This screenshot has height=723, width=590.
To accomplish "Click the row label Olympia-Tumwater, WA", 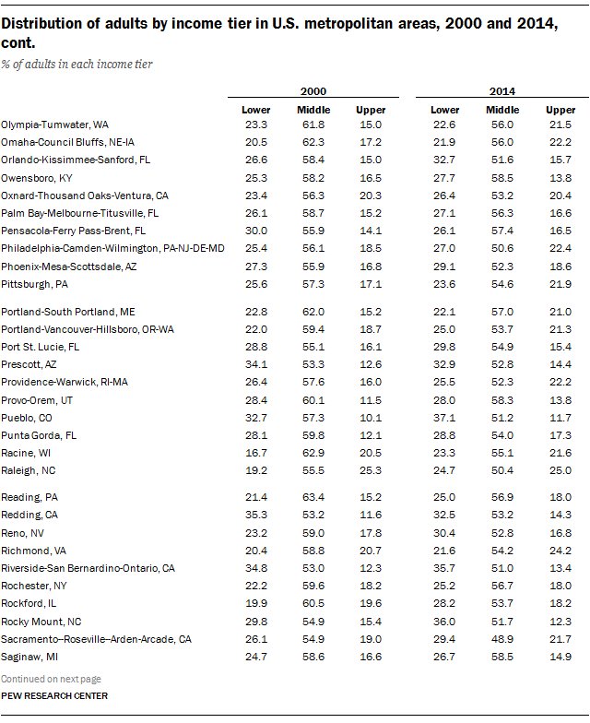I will pyautogui.click(x=55, y=124).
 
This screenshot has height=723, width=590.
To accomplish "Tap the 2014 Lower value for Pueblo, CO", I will pyautogui.click(x=445, y=418).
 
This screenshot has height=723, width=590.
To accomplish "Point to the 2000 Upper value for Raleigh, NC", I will pyautogui.click(x=371, y=470).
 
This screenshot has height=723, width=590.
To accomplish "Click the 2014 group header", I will pyautogui.click(x=502, y=91).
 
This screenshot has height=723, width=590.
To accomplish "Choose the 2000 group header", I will pyautogui.click(x=313, y=91).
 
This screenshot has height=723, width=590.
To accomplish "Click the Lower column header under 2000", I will pyautogui.click(x=255, y=111).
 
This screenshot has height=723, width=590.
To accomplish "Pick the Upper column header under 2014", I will pyautogui.click(x=560, y=111).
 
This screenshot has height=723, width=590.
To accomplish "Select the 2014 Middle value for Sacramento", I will pyautogui.click(x=502, y=638).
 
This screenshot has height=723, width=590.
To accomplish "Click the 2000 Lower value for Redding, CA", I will pyautogui.click(x=255, y=515).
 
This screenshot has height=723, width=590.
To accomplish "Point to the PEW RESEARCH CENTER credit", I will pyautogui.click(x=53, y=694).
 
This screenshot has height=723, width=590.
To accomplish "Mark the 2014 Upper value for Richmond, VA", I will pyautogui.click(x=560, y=550).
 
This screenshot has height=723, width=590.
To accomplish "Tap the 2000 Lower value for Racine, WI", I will pyautogui.click(x=255, y=453).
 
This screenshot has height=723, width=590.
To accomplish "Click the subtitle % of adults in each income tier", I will pyautogui.click(x=77, y=65).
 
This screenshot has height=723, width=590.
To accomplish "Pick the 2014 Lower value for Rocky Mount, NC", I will pyautogui.click(x=445, y=621).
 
